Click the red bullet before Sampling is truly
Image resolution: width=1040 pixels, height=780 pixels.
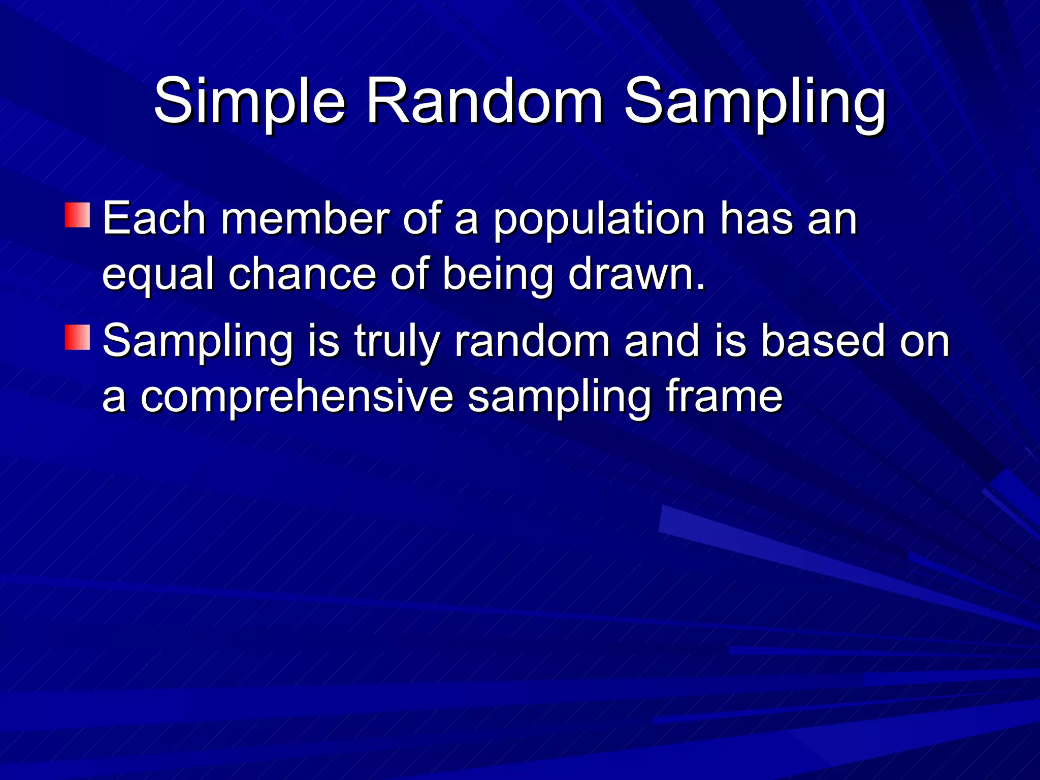(x=78, y=337)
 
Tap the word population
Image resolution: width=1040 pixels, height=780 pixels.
(x=599, y=219)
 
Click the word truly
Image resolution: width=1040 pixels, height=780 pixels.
(x=397, y=342)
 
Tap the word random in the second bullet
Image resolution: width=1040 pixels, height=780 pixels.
(x=532, y=341)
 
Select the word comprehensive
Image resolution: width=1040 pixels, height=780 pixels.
(x=297, y=398)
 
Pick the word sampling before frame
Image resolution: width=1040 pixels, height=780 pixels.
(x=559, y=398)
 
